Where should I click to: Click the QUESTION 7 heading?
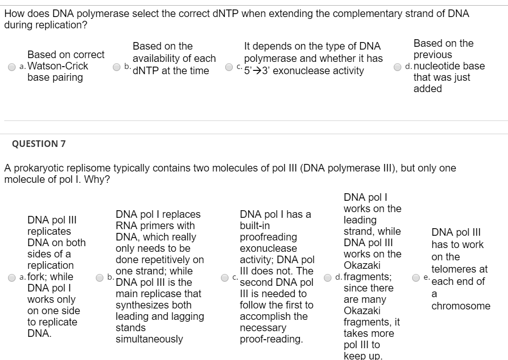(x=35, y=144)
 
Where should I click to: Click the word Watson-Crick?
(x=58, y=66)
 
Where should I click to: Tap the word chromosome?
(x=461, y=306)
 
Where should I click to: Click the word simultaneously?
(x=149, y=339)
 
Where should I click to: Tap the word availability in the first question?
(x=162, y=59)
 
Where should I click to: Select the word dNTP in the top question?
(x=229, y=14)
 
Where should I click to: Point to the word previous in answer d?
(x=432, y=55)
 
